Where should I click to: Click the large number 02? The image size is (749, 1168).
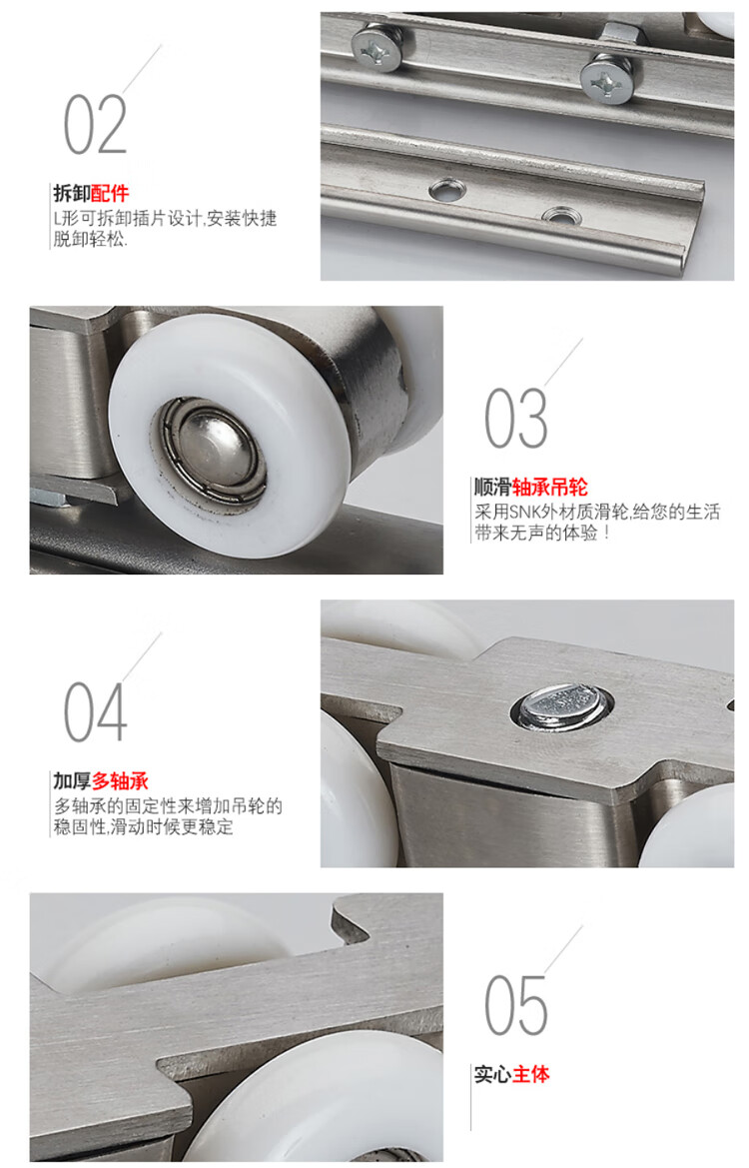[95, 125]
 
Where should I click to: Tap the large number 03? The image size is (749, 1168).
[516, 418]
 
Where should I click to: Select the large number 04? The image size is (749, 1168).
[95, 712]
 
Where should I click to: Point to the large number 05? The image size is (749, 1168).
[516, 1005]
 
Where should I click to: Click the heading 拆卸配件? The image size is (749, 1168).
[91, 194]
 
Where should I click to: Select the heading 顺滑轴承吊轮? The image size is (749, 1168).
[531, 488]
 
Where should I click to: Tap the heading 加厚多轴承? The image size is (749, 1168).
[101, 780]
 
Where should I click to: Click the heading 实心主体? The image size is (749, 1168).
[512, 1074]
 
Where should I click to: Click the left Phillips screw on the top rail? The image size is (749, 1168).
[376, 46]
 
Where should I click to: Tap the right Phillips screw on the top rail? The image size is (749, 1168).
[607, 81]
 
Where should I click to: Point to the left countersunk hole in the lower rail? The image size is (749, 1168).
[447, 190]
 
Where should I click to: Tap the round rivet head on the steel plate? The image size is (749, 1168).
[562, 706]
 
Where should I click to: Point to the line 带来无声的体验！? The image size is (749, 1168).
[542, 533]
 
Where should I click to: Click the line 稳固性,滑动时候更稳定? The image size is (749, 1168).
[143, 826]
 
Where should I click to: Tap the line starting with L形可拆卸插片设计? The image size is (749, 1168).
[165, 218]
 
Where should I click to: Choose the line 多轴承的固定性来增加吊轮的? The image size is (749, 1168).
[168, 805]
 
